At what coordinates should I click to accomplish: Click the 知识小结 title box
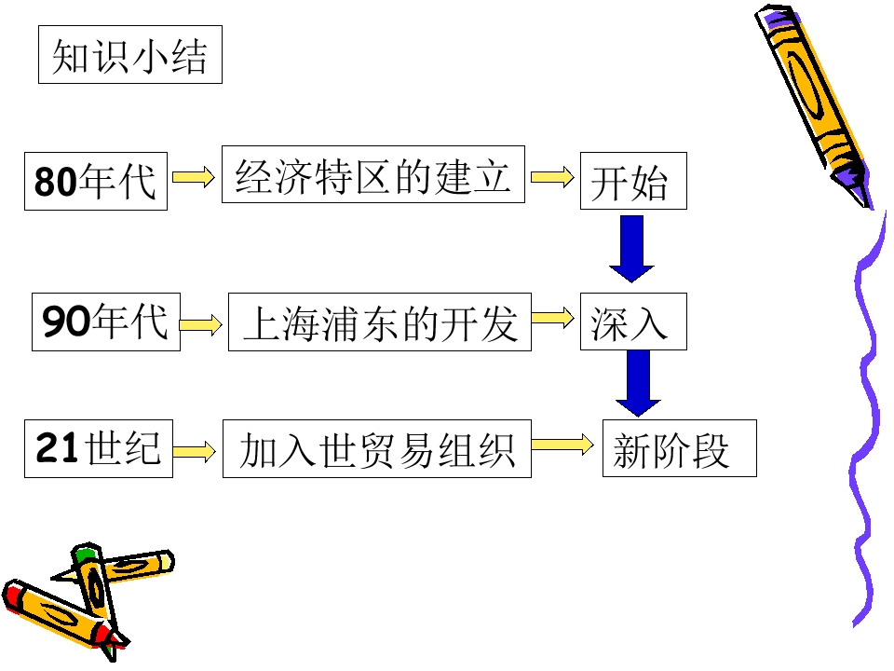pyautogui.click(x=130, y=55)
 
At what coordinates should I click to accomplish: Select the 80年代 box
pyautogui.click(x=96, y=182)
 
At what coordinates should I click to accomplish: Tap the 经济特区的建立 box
pyautogui.click(x=372, y=174)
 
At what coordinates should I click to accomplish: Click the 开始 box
pyautogui.click(x=633, y=181)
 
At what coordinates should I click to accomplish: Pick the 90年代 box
pyautogui.click(x=106, y=322)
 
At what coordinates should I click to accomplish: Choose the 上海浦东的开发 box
pyautogui.click(x=380, y=322)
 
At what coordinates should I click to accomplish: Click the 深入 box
pyautogui.click(x=633, y=322)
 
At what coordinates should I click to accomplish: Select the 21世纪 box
pyautogui.click(x=99, y=448)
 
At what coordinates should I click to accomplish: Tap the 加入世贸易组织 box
pyautogui.click(x=377, y=448)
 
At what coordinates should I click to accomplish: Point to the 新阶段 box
pyautogui.click(x=680, y=448)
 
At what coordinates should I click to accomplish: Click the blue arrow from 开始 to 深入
pyautogui.click(x=631, y=249)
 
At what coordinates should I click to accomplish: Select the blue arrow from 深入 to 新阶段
pyautogui.click(x=638, y=383)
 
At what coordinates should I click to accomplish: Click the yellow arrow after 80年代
pyautogui.click(x=194, y=177)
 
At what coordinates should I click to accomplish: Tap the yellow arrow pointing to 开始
pyautogui.click(x=552, y=177)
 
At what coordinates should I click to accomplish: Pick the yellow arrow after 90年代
pyautogui.click(x=201, y=324)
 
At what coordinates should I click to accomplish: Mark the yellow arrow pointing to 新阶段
pyautogui.click(x=562, y=445)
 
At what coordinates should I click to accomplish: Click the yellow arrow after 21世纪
pyautogui.click(x=194, y=452)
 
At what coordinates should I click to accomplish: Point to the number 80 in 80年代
pyautogui.click(x=55, y=182)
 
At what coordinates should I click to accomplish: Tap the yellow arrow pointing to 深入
pyautogui.click(x=552, y=318)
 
